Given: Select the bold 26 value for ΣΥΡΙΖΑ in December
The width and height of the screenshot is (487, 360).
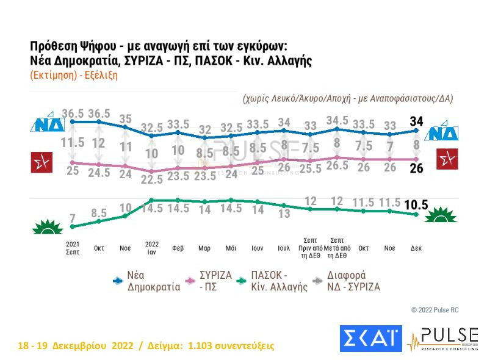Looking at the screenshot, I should pos(416,169).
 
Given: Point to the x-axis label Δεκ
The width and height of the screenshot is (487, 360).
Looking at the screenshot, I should pos(416,249).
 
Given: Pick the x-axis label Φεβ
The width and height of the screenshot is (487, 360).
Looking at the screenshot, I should pos(178,249).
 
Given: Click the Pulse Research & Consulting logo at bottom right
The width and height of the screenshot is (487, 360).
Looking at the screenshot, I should pos(442,339).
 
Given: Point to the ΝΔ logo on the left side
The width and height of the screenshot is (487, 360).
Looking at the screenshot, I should pos(44,124).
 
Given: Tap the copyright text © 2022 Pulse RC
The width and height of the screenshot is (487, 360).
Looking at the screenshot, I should pos(435,310).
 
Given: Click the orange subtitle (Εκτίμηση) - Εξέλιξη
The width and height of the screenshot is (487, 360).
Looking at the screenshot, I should pos(73,76).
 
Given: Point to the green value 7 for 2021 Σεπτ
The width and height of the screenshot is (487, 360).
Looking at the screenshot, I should pos(73,218).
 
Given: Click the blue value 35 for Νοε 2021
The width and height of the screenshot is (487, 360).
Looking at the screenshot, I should pos(125,119).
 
